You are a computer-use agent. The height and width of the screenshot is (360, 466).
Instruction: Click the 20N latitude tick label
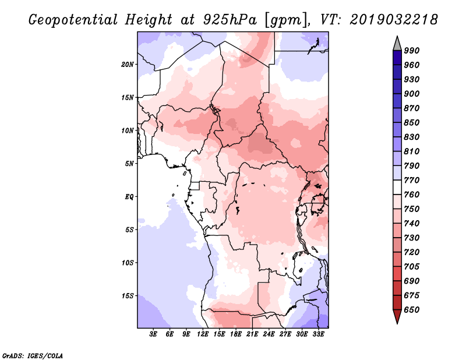tap(128, 65)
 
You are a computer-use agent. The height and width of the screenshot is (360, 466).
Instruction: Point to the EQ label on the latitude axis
tap(129, 197)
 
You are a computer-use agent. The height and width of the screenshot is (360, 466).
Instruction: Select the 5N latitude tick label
tap(130, 164)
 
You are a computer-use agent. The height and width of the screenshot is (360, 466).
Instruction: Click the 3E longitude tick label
tap(153, 334)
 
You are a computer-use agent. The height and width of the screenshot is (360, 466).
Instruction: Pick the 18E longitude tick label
tap(236, 334)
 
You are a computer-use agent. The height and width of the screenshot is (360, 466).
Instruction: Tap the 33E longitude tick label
tap(318, 334)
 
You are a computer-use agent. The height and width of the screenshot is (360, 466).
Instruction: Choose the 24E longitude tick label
tap(269, 334)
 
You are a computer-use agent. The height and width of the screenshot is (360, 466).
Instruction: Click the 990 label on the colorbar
tap(412, 51)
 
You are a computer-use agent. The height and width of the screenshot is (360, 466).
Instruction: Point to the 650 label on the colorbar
tap(412, 310)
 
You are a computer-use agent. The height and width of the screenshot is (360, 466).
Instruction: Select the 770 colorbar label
tap(412, 180)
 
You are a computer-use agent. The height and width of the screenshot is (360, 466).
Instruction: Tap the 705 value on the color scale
tap(412, 267)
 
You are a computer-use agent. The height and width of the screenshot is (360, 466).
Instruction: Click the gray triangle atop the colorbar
tap(397, 44)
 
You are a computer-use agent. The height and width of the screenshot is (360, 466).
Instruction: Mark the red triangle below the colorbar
tap(397, 316)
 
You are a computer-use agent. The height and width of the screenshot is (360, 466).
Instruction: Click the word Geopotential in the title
tap(73, 20)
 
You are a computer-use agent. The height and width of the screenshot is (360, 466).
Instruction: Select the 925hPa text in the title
tap(230, 20)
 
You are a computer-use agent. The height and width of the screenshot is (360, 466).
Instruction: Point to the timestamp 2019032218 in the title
tap(394, 20)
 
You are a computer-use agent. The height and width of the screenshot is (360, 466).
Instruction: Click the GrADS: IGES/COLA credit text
tap(33, 356)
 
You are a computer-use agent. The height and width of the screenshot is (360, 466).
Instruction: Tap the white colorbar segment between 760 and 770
tap(397, 188)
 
